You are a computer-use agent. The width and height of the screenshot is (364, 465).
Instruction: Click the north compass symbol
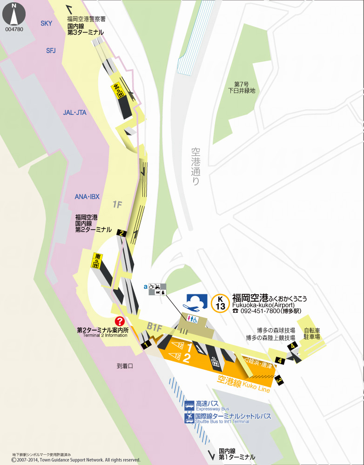point(14,14)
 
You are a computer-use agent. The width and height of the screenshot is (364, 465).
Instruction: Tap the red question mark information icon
point(120,321)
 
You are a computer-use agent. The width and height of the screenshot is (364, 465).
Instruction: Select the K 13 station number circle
point(220,303)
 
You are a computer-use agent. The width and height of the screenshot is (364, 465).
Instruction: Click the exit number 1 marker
point(146,345)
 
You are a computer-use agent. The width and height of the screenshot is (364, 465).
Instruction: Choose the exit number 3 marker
point(279,380)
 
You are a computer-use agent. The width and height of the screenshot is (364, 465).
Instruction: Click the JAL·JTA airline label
point(74,113)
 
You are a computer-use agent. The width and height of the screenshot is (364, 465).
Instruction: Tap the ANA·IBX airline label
point(87,197)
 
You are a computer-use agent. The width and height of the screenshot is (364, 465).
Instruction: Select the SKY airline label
point(47,24)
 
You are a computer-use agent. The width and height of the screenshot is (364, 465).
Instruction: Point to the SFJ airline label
point(51,51)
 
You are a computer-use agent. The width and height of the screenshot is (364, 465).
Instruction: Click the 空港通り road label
point(195,166)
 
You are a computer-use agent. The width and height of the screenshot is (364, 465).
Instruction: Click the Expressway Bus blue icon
point(189,405)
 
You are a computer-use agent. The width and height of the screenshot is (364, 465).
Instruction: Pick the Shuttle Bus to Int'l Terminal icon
point(189,418)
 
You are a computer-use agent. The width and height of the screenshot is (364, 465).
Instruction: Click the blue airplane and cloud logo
point(197,302)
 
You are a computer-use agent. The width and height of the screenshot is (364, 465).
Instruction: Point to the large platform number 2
point(187,358)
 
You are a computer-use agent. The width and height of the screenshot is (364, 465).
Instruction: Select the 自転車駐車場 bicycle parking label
point(312,333)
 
